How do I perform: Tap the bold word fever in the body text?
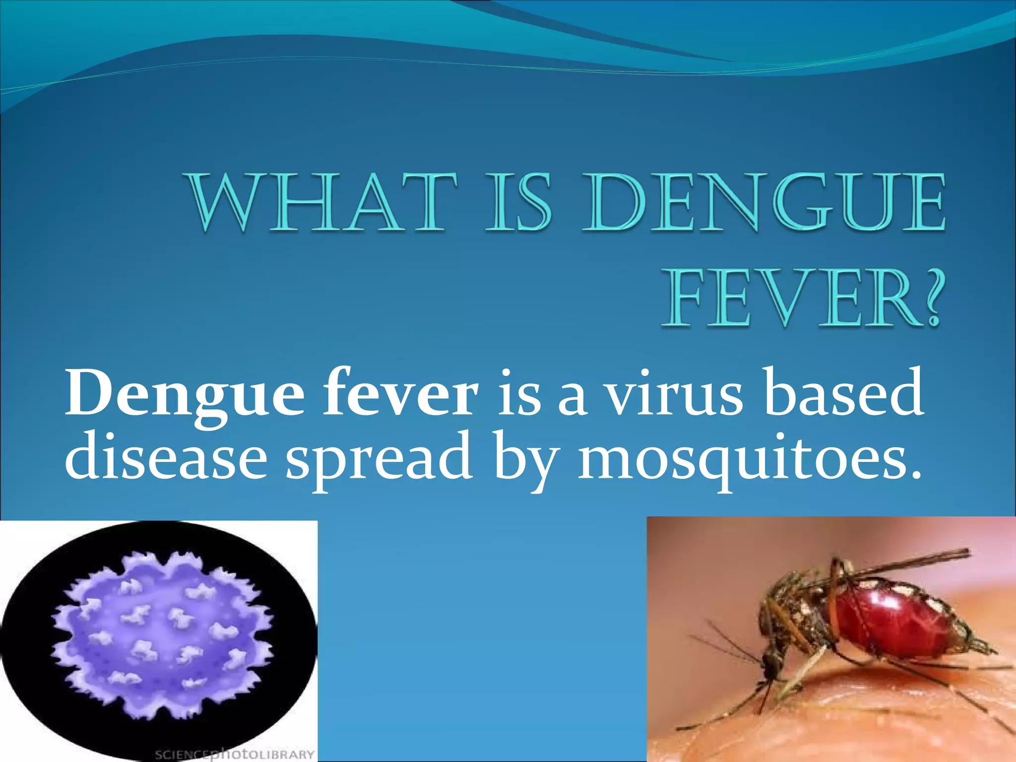[401, 394]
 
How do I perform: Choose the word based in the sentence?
[843, 394]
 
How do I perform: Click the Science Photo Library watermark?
[234, 754]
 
